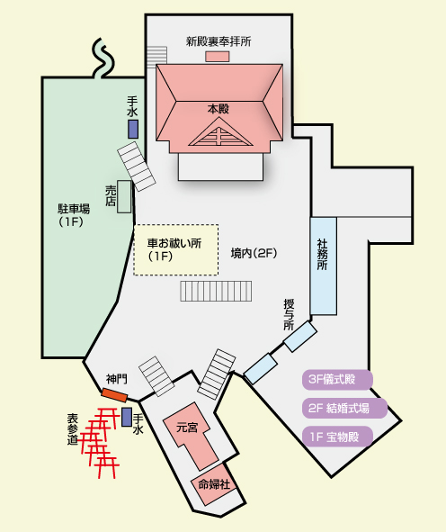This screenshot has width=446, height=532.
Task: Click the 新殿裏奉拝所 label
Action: pos(219,41)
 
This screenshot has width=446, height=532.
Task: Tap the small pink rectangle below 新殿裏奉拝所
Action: pos(218,57)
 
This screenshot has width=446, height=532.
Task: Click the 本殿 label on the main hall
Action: pos(219,109)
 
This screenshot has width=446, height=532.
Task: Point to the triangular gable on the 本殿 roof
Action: pos(220,135)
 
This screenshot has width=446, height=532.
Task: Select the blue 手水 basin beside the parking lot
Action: pos(133,129)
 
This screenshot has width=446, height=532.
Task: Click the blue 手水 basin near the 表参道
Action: pos(127,417)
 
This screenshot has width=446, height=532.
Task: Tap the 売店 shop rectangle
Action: pos(124,197)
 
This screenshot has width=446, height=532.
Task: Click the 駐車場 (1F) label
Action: pos(74,215)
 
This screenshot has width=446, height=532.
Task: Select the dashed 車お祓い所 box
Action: pos(176,249)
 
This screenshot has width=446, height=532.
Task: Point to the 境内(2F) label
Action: pos(254,253)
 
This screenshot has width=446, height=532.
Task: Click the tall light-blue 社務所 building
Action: pos(324,266)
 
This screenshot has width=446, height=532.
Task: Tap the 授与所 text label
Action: pos(289,314)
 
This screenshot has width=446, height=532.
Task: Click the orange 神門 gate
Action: pos(114,395)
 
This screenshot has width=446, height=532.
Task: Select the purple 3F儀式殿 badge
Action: pos(337,379)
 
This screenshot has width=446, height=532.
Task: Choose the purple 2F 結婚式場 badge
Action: pos(344,408)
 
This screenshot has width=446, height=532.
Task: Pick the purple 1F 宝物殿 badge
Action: pos(337,437)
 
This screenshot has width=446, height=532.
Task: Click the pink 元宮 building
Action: pos(190,436)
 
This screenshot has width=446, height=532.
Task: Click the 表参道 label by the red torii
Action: pos(73,429)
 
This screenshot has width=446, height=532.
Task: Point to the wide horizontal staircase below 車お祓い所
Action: pos(216,291)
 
